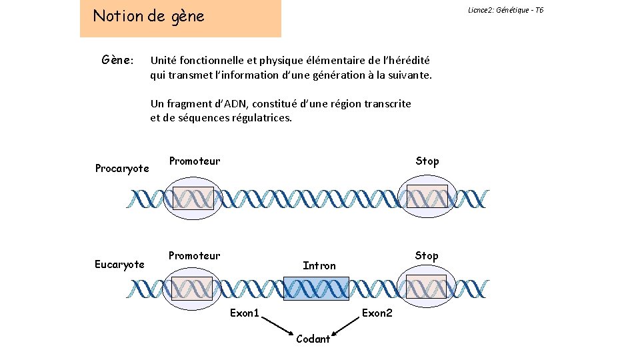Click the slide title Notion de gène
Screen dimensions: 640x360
149,16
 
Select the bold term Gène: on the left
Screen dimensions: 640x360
117,61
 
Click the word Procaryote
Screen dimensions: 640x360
122,168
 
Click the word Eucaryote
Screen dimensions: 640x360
119,265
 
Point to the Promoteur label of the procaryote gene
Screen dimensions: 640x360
194,161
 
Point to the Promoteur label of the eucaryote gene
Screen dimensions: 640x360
194,255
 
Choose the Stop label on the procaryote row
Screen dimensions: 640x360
427,161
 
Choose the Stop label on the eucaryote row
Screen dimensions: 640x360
427,255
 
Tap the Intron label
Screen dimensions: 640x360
319,265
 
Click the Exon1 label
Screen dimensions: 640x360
245,313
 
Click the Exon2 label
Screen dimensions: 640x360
377,313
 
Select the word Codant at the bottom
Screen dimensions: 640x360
313,339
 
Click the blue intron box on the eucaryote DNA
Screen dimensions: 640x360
316,289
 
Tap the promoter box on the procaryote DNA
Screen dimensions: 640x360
193,199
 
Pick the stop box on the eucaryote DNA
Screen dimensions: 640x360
426,287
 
